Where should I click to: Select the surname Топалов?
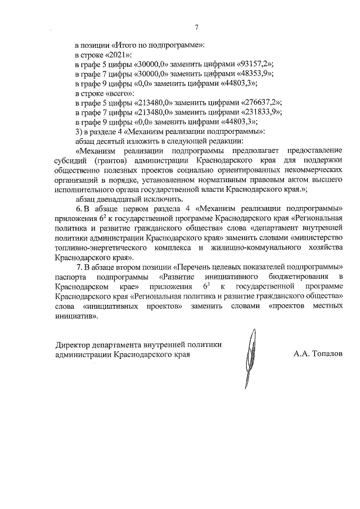tap(323, 355)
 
